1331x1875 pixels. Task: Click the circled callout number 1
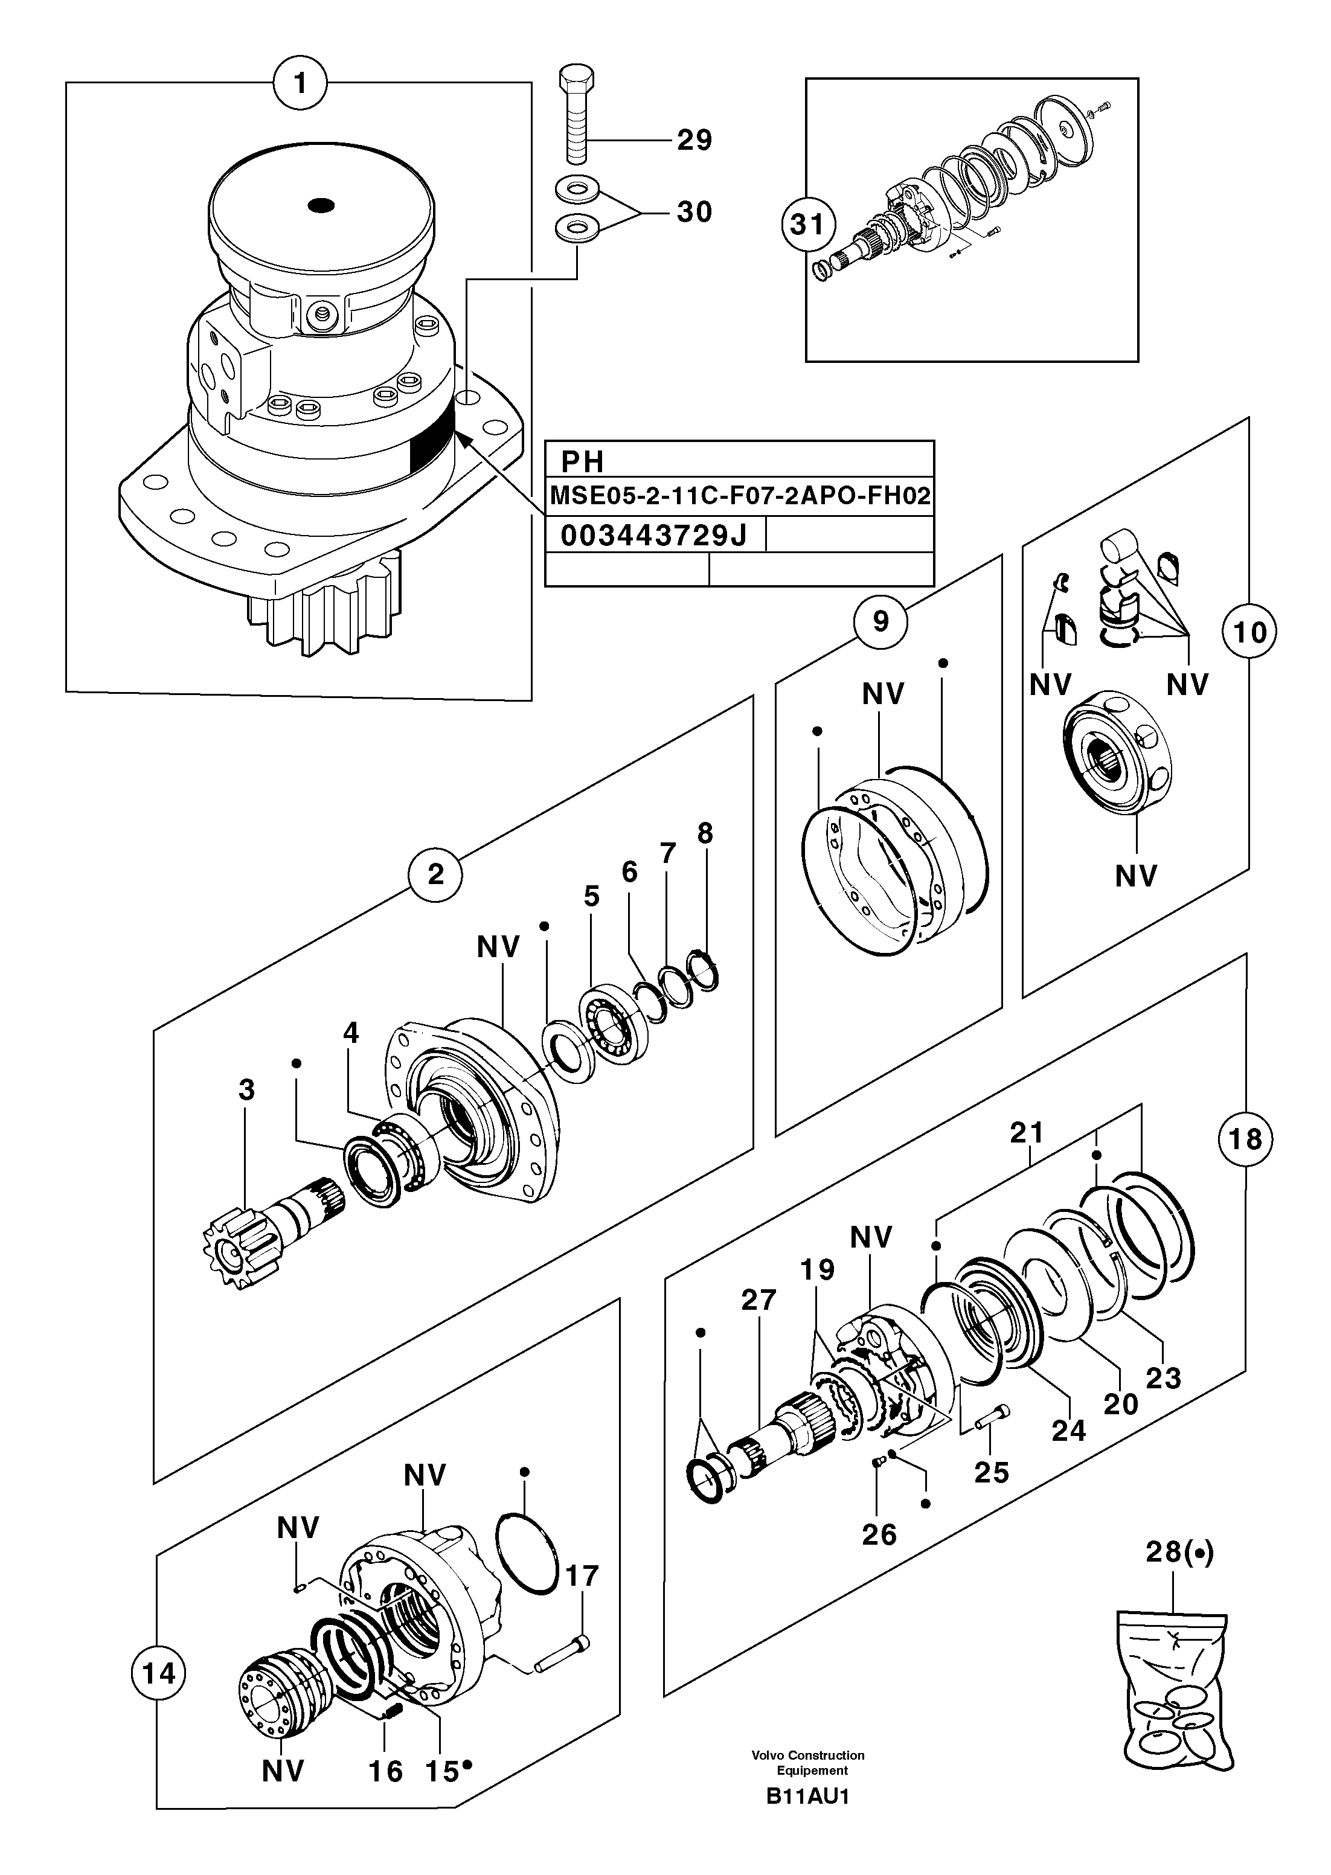click(300, 83)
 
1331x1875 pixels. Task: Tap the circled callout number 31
click(808, 223)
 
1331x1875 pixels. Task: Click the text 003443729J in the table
click(653, 536)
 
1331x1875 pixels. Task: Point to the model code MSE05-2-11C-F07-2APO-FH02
click(739, 496)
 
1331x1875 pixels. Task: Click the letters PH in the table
click(582, 462)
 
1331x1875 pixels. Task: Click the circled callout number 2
click(435, 874)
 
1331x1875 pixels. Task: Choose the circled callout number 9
click(880, 622)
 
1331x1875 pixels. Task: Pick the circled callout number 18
click(1245, 1139)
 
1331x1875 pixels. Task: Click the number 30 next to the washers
click(694, 212)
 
